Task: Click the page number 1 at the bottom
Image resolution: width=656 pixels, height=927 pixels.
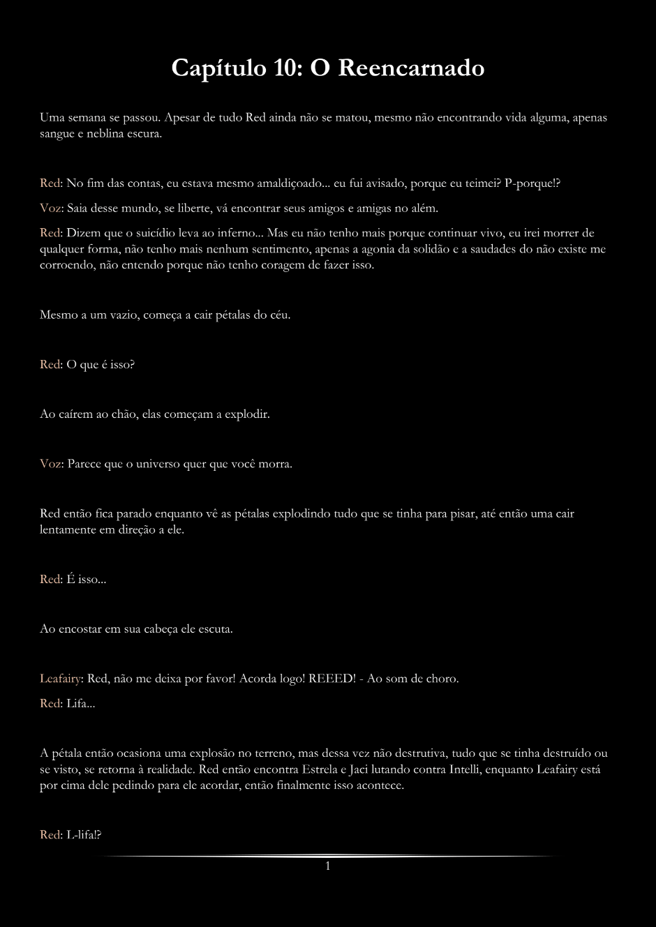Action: [327, 866]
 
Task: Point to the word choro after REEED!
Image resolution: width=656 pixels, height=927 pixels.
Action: [442, 678]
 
